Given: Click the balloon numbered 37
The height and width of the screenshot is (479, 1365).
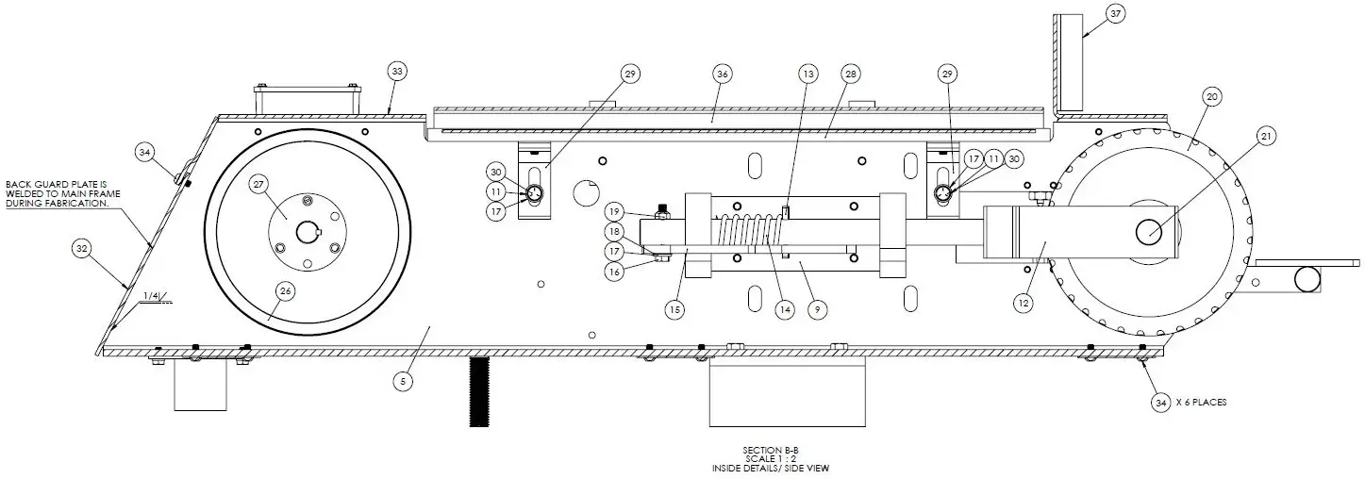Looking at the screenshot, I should [1116, 15].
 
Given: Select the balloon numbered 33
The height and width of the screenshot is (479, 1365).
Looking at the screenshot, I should [398, 71].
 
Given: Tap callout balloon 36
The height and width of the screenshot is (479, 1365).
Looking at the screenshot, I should [723, 74].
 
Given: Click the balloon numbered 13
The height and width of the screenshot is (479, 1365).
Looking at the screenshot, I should [807, 74].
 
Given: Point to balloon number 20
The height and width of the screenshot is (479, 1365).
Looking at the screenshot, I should [1213, 97].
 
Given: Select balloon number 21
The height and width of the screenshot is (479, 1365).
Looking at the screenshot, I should [1266, 137].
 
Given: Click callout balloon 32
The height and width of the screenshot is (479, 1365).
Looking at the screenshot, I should [81, 249].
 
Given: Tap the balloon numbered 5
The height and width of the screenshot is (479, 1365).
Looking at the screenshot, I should [403, 381].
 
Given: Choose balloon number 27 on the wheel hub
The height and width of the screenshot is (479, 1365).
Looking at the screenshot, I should [259, 186].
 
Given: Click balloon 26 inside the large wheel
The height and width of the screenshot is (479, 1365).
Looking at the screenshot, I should [285, 291].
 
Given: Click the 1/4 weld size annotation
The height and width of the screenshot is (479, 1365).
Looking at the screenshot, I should [150, 296].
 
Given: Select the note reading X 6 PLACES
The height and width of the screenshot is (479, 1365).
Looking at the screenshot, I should [1202, 402].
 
